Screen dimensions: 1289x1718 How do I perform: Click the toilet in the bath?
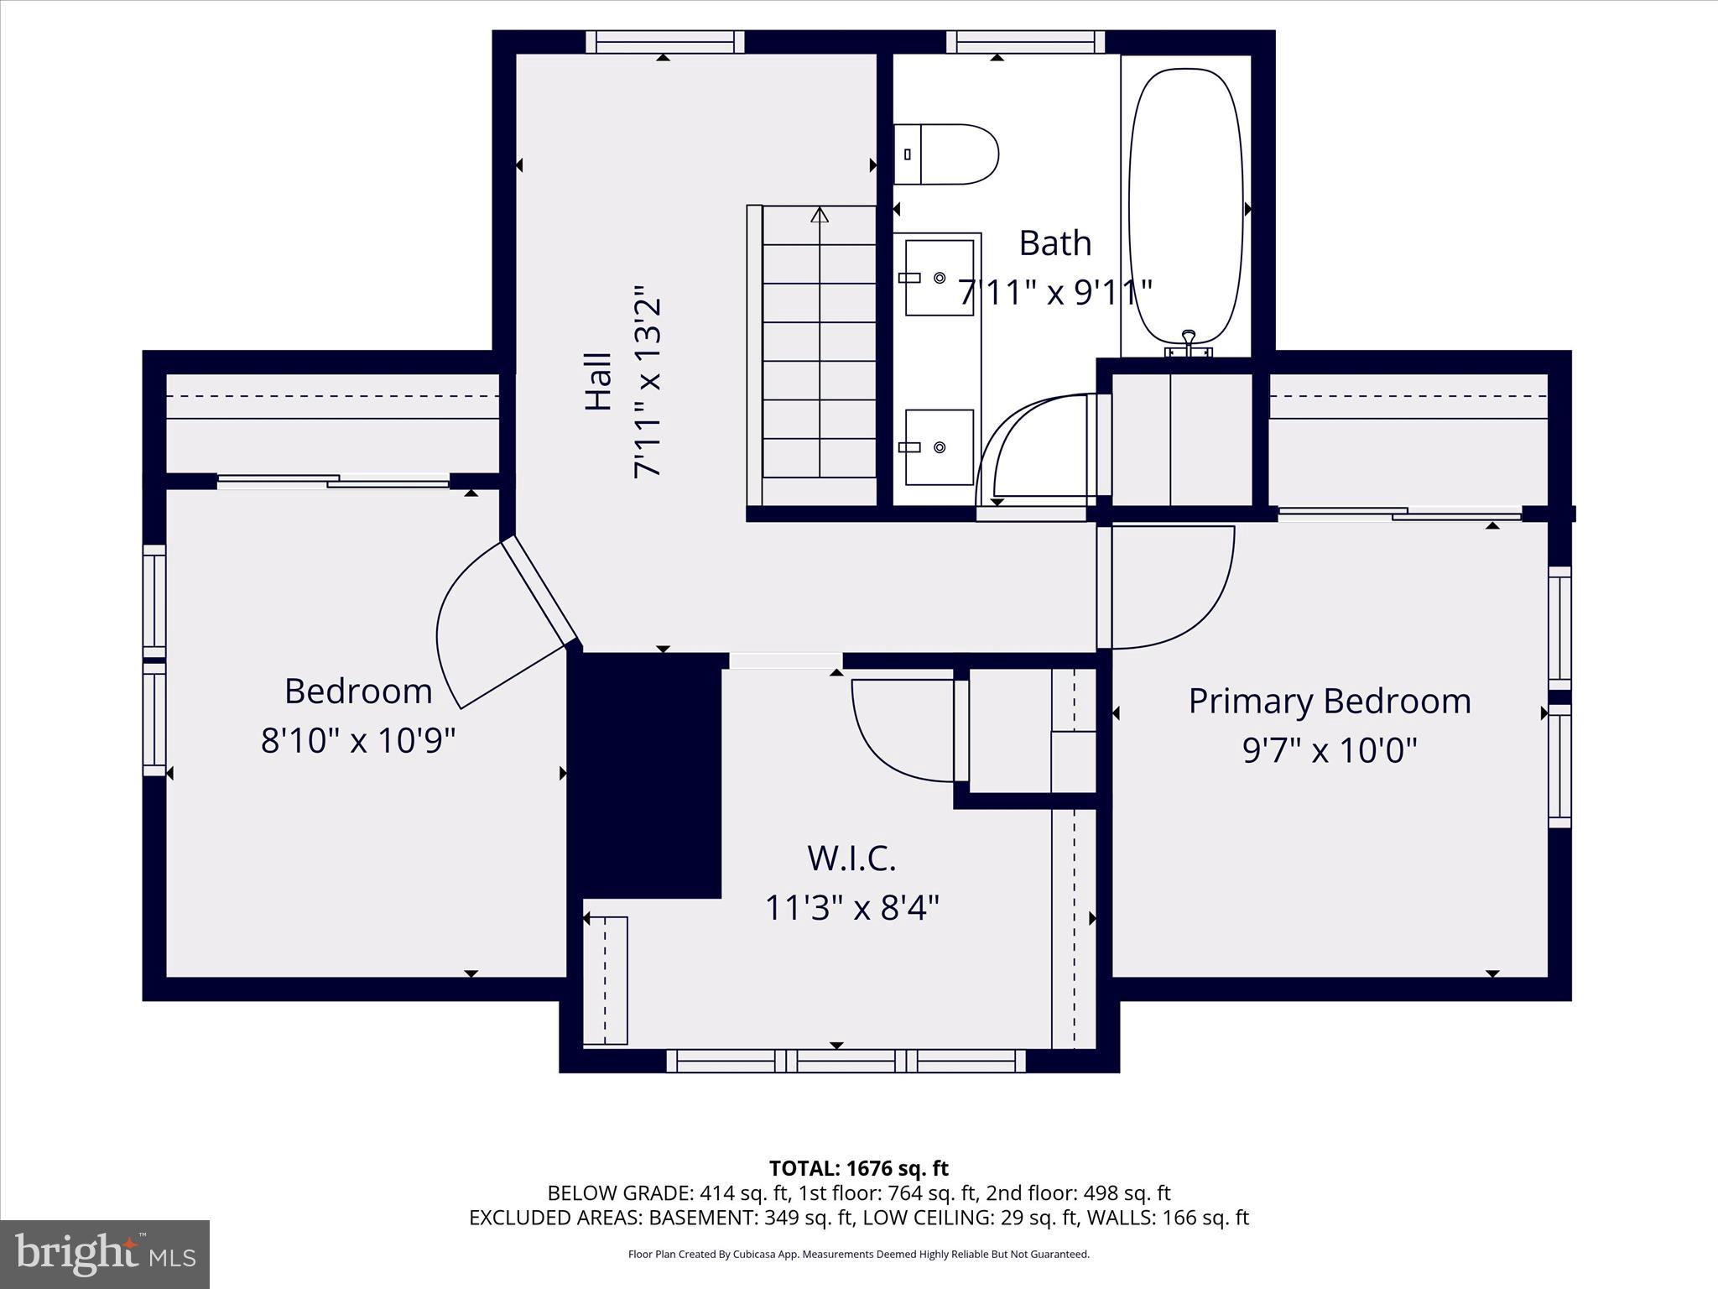[x=946, y=154]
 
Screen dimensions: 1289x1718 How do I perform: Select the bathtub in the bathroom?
[x=1185, y=206]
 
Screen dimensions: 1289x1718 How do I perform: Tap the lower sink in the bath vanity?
[x=940, y=447]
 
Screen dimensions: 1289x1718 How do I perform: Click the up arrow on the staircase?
[x=820, y=216]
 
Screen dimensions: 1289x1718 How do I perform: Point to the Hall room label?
[x=598, y=382]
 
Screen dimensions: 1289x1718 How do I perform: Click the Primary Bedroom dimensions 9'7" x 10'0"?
[x=1330, y=750]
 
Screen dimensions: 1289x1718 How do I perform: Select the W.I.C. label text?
[x=851, y=858]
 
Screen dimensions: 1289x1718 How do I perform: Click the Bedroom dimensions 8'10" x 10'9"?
[x=358, y=740]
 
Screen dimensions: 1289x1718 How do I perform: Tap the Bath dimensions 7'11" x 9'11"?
[x=1054, y=293]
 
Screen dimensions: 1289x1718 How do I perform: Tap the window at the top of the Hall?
[x=664, y=42]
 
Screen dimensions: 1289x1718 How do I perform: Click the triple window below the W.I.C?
[x=846, y=1061]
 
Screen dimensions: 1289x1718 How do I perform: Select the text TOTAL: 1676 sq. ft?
[x=858, y=1168]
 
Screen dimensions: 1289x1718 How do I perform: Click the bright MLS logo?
[x=105, y=1254]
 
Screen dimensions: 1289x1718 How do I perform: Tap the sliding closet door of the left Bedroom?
[x=334, y=481]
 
